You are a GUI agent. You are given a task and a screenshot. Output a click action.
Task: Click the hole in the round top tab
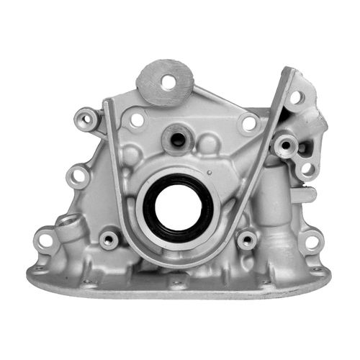coord(168,81)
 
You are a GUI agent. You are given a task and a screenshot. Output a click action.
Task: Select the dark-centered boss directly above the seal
coord(176,136)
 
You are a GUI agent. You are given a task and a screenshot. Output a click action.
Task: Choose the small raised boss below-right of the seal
coord(247,238)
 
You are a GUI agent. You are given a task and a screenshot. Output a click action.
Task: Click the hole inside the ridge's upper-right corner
coord(248,123)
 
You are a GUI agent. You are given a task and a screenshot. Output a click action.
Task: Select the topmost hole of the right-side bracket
coord(296,96)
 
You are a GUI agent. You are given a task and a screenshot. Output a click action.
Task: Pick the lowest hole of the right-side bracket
coord(307,169)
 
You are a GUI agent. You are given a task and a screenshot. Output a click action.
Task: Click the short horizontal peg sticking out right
coord(306,194)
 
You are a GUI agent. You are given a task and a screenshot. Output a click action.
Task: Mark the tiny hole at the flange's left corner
coord(38,269)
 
